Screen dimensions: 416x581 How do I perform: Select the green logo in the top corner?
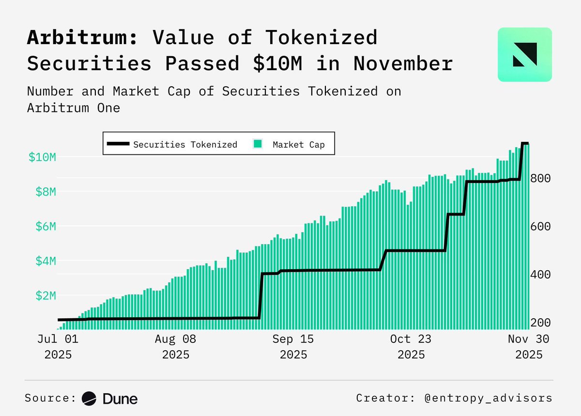click(524, 54)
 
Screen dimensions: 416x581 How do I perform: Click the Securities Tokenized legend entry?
click(172, 144)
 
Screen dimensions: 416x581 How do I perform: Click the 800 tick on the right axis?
click(540, 178)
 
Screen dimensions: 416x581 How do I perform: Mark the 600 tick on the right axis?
click(540, 226)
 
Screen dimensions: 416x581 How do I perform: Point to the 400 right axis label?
click(540, 275)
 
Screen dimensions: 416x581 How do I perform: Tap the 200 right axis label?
click(540, 323)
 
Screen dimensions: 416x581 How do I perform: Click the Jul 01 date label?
click(58, 339)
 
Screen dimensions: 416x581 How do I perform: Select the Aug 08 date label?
click(176, 339)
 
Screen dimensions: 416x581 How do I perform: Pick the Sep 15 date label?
click(293, 339)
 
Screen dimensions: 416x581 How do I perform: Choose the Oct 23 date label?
click(411, 339)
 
